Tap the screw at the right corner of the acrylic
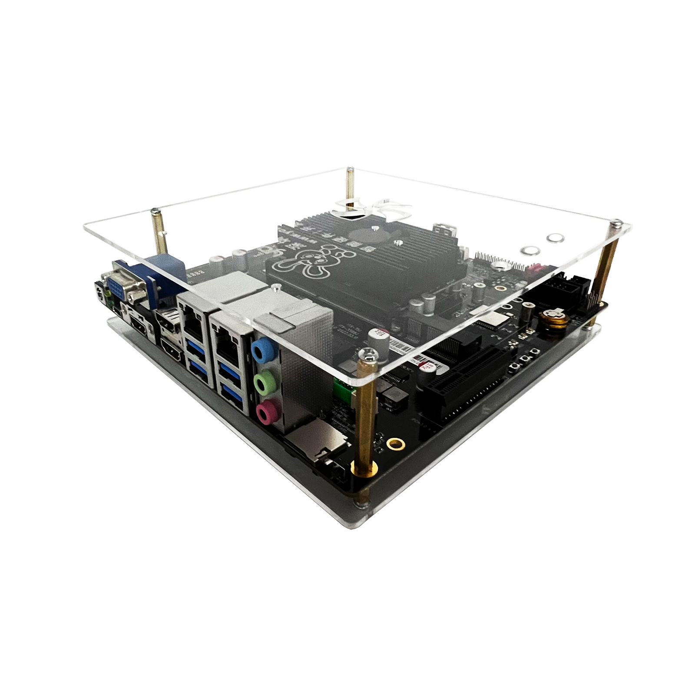pyautogui.click(x=617, y=224)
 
